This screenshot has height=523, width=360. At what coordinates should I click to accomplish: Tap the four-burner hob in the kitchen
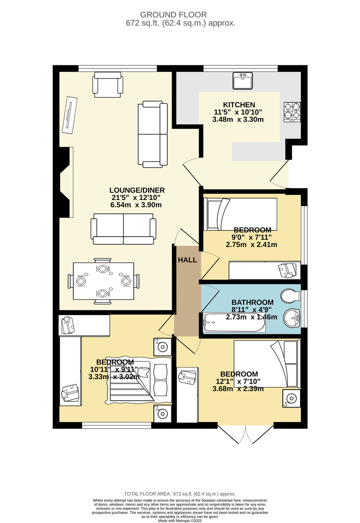tap(292, 112)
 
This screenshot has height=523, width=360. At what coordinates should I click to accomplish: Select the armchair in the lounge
tap(108, 85)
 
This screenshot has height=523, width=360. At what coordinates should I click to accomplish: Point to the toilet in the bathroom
tap(290, 296)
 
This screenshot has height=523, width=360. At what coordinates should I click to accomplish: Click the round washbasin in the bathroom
tap(292, 318)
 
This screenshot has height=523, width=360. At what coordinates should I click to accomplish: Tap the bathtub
tap(234, 323)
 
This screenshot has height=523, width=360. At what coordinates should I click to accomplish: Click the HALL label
tap(187, 260)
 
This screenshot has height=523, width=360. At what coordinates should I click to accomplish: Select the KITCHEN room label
tap(239, 105)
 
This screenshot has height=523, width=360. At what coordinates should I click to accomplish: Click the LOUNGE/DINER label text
tap(137, 190)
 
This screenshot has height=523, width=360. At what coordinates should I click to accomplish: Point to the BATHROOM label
tap(252, 302)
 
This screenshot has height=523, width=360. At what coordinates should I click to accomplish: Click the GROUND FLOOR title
tap(173, 15)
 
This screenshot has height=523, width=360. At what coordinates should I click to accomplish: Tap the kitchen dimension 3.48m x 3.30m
tap(238, 119)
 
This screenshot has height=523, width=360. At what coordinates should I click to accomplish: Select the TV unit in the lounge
tap(70, 115)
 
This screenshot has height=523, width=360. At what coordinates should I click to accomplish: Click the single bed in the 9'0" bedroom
tap(240, 214)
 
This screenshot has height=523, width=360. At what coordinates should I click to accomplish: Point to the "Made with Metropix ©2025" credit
tap(180, 521)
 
